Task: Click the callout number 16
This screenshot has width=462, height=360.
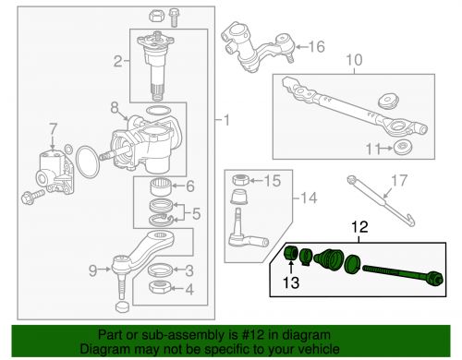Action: (x=317, y=46)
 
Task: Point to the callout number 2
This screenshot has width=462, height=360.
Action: (x=117, y=63)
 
